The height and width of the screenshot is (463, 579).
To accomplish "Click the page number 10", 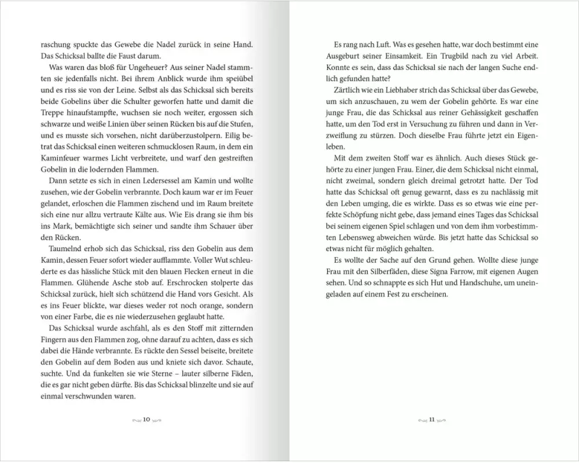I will coord(146,419).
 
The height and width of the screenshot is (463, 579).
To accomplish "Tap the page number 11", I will coord(432,419).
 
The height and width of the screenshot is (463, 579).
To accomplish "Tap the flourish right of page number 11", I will coord(442,419).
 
